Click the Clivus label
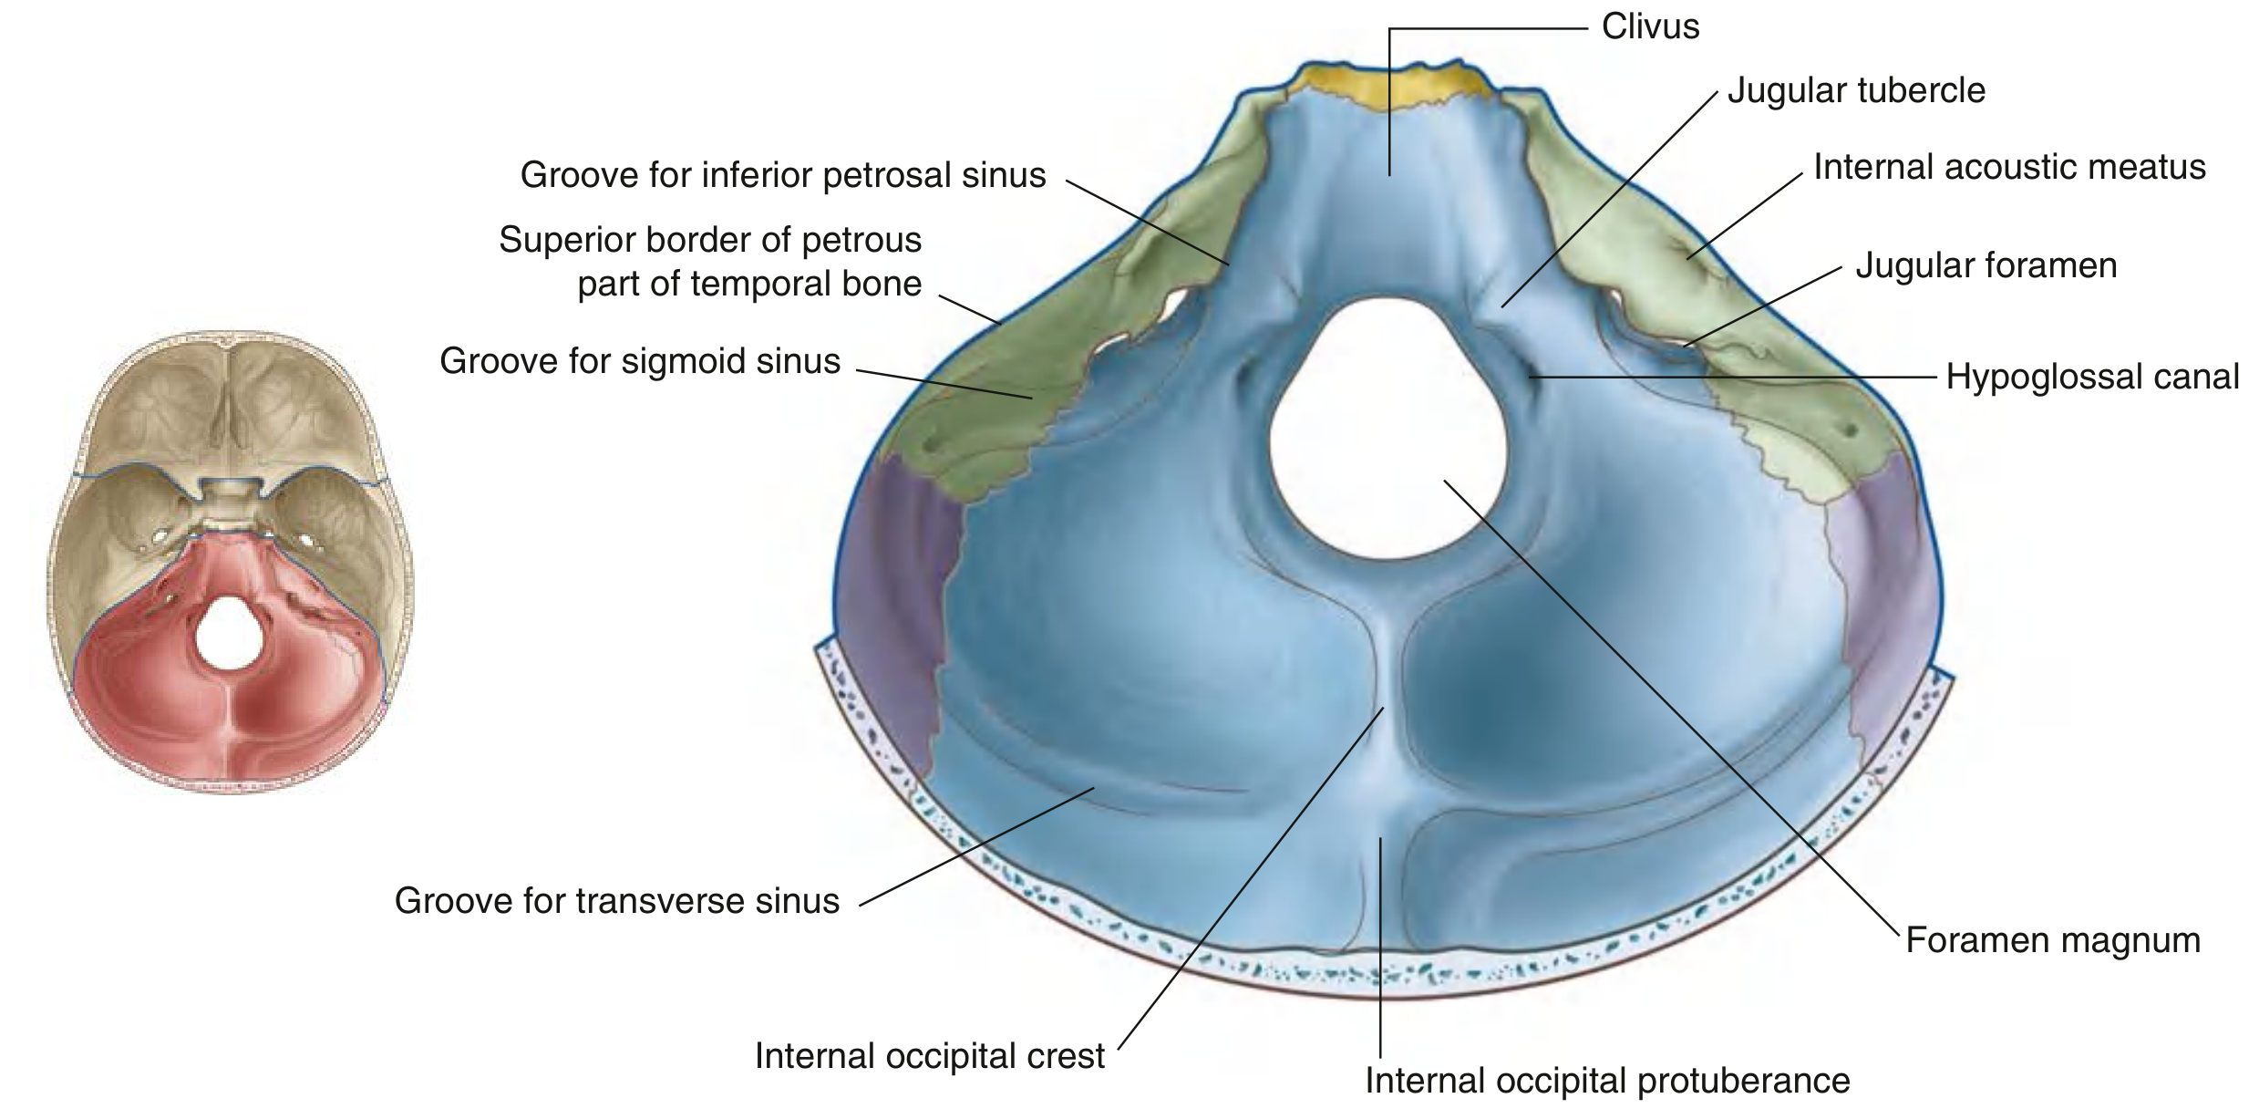click(x=1650, y=26)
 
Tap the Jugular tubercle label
click(x=1856, y=90)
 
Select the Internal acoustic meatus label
click(x=2009, y=167)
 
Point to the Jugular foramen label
click(x=1986, y=265)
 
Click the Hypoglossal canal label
click(x=2092, y=377)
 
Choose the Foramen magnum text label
click(x=2053, y=940)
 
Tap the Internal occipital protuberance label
click(x=1607, y=1081)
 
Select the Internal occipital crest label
click(x=930, y=1056)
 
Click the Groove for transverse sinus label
click(x=617, y=901)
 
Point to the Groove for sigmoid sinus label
click(x=640, y=361)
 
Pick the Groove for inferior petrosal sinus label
click(x=783, y=175)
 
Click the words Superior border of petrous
click(x=710, y=240)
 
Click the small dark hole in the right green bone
click(x=1849, y=429)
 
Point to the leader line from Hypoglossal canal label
click(x=1732, y=376)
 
